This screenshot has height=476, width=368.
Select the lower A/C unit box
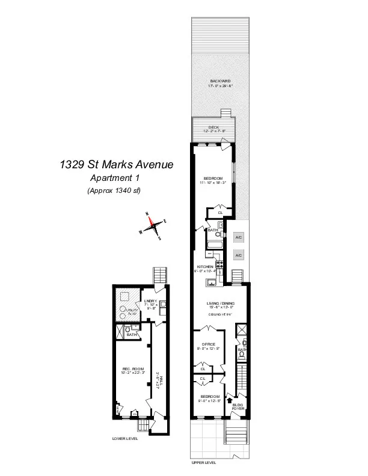pos(239,255)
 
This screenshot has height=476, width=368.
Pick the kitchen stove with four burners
pos(220,263)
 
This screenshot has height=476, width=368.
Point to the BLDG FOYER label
pos(238,407)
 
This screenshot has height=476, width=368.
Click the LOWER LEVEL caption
pos(125,439)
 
